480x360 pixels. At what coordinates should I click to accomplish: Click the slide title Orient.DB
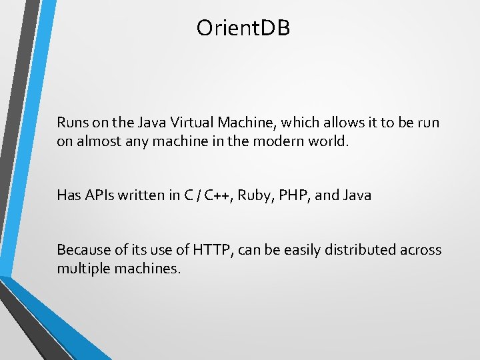(243, 28)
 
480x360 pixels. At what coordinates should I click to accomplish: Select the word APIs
(99, 195)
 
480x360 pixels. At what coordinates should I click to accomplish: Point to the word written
(142, 195)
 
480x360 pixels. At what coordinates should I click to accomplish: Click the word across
(421, 250)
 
